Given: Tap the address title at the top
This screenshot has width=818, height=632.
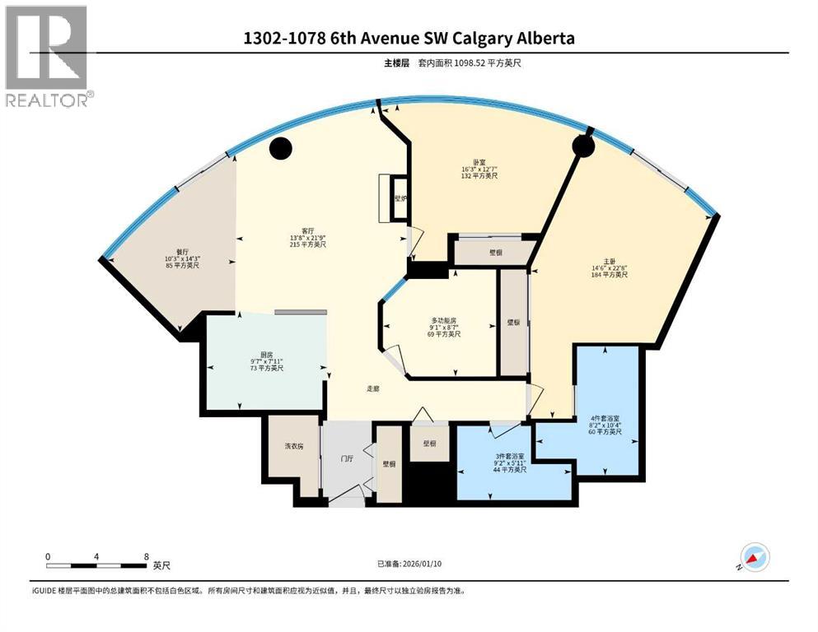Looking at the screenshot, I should [409, 39].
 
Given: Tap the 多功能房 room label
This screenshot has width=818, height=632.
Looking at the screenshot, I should [443, 319].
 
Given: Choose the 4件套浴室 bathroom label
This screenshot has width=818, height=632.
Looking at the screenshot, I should [606, 416].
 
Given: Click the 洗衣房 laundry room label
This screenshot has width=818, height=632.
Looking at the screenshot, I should [293, 446].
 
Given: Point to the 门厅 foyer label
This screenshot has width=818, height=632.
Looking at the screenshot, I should [348, 459].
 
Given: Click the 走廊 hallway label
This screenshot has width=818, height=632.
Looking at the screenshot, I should [374, 389].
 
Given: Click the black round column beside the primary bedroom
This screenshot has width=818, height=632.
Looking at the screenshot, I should [583, 146].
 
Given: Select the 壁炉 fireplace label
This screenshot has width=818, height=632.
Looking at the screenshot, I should [400, 198].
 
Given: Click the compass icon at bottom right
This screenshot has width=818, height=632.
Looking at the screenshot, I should [755, 558].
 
